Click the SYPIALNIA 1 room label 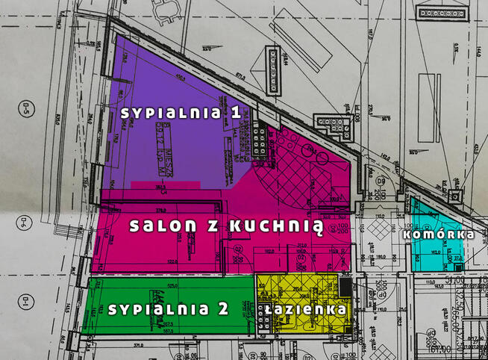click(181, 112)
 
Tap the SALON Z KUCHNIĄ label click(225, 226)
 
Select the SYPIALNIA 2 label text click(168, 309)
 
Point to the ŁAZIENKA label click(304, 308)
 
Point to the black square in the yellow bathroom click(344, 286)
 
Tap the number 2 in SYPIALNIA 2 click(222, 309)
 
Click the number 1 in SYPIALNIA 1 click(236, 112)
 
